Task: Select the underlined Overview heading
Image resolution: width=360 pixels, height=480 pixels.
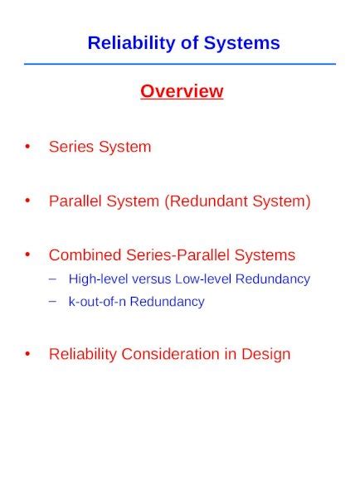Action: [x=182, y=91]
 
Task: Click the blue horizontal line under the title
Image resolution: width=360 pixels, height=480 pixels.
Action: [x=180, y=64]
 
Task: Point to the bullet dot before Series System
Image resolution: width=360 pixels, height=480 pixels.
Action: [x=28, y=147]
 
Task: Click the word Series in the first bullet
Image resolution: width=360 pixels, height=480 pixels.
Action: [x=71, y=148]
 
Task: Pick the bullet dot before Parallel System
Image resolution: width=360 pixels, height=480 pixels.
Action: [x=28, y=201]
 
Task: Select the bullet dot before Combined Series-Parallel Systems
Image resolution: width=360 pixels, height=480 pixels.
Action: [x=28, y=255]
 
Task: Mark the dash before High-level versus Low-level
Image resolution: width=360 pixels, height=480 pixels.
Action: [x=54, y=278]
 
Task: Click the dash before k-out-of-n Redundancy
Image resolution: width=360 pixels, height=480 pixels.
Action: [x=54, y=300]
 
